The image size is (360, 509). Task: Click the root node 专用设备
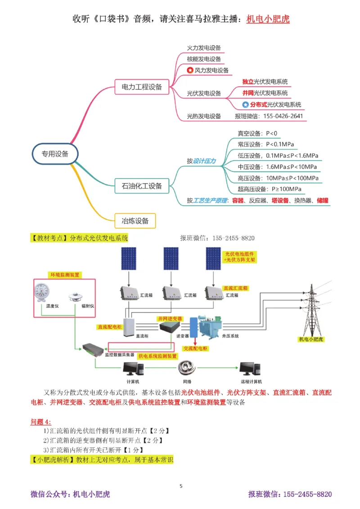55,154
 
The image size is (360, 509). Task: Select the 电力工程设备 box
139,87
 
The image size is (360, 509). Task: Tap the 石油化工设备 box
139,185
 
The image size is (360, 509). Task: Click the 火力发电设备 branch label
204,48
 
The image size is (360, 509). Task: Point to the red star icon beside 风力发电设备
190,70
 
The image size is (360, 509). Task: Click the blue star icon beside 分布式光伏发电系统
245,105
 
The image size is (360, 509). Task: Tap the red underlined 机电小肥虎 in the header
268,19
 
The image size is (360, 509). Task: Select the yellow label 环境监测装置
65,274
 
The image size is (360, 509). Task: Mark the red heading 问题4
41,421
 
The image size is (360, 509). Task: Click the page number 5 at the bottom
181,486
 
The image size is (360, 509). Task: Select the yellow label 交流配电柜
196,348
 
